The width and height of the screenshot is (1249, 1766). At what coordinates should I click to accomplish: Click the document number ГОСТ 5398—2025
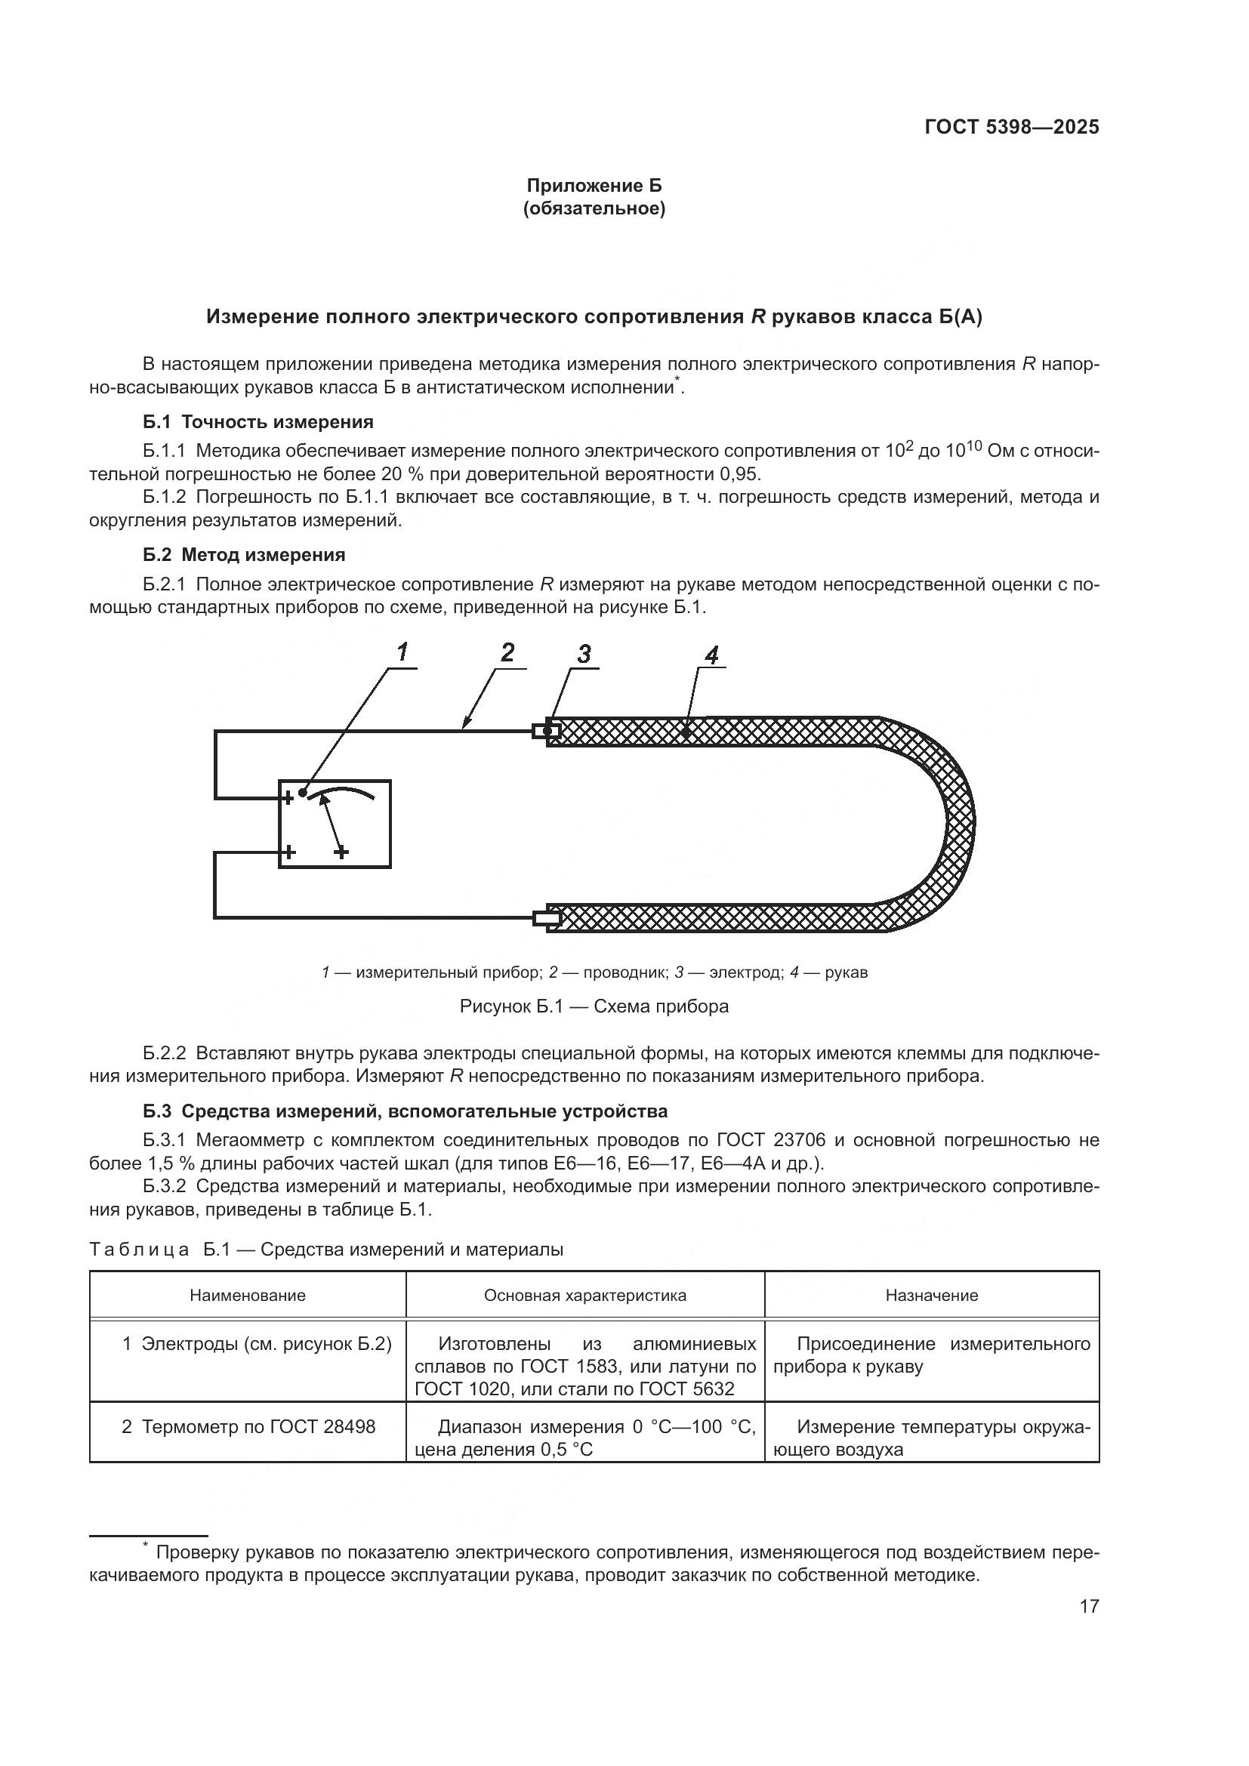click(x=1010, y=127)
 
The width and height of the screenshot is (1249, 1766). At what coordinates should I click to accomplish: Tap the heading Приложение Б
click(x=594, y=186)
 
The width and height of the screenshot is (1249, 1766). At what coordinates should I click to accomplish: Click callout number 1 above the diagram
click(x=402, y=652)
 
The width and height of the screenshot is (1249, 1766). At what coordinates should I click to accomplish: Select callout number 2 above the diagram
click(x=507, y=652)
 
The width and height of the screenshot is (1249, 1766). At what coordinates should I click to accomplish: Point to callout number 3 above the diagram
click(x=584, y=654)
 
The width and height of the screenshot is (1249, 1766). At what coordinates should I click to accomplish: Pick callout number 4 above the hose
click(x=711, y=655)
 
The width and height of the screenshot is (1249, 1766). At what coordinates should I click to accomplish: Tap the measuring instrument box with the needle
click(x=335, y=824)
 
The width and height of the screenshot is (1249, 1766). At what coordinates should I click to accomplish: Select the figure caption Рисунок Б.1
click(x=594, y=1006)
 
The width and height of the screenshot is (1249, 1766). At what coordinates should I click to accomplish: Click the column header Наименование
click(x=248, y=1296)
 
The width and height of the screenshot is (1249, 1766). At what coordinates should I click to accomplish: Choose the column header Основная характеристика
click(x=584, y=1296)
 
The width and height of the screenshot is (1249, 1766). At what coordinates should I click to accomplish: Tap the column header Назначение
click(x=931, y=1296)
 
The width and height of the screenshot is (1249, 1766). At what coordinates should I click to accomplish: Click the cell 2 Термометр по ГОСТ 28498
click(x=248, y=1427)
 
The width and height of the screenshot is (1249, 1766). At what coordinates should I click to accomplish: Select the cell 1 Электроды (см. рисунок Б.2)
click(x=257, y=1344)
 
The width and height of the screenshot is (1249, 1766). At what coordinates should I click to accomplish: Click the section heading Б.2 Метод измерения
click(x=244, y=555)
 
